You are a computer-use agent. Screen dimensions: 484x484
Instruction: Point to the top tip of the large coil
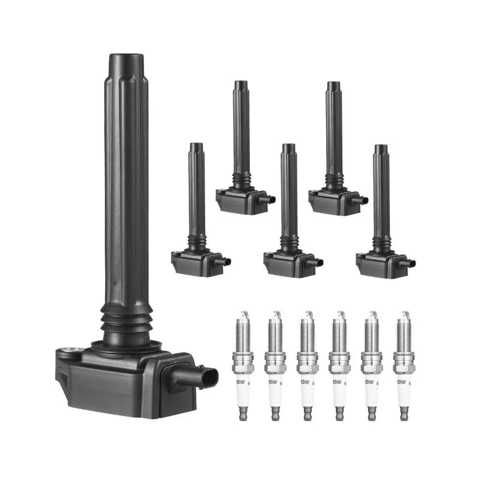(x=125, y=59)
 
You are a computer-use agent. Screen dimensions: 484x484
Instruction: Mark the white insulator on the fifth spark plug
(x=371, y=387)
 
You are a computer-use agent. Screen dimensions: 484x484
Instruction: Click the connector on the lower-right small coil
(x=410, y=264)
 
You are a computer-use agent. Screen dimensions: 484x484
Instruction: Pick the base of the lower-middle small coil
(x=288, y=264)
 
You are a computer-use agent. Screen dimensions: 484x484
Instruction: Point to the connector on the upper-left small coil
(x=269, y=199)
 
